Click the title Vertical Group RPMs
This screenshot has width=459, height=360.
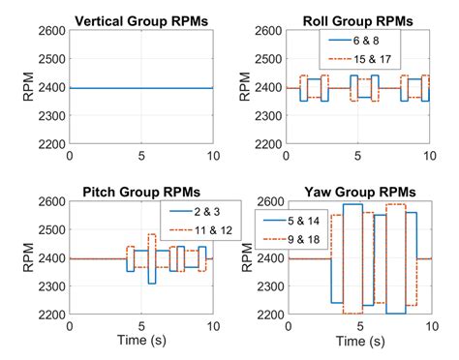coord(140,19)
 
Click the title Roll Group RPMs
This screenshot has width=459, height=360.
coord(357,19)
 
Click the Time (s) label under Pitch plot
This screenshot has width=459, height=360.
coord(140,342)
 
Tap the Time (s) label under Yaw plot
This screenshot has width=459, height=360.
coord(357,342)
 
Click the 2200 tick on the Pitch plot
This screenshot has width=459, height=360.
coord(51,315)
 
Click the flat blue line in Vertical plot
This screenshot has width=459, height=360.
coord(140,88)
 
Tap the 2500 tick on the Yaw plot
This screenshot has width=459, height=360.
coord(268,230)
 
